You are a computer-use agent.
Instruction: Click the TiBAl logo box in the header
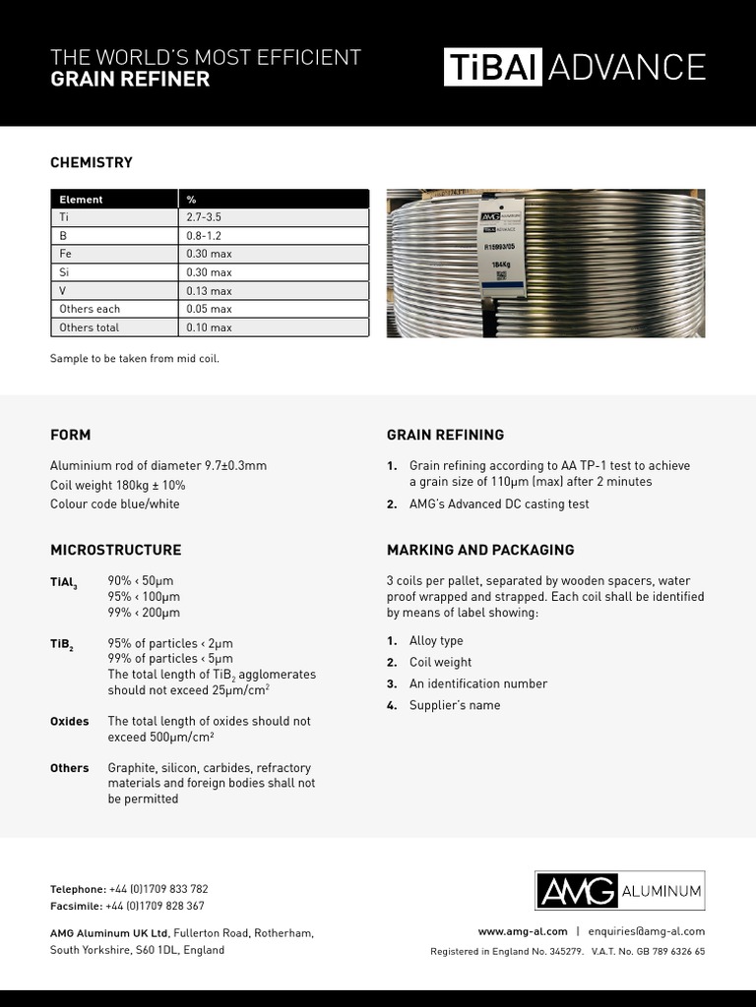(492, 67)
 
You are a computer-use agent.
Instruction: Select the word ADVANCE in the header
(627, 67)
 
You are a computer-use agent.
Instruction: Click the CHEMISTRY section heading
(91, 162)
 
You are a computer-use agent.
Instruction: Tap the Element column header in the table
(81, 200)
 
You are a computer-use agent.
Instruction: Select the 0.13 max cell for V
(209, 291)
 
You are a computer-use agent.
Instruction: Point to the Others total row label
(89, 327)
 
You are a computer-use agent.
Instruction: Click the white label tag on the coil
(503, 247)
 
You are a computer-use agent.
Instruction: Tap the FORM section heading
(70, 435)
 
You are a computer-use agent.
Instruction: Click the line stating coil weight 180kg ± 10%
(117, 485)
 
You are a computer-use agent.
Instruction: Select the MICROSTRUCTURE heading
(115, 550)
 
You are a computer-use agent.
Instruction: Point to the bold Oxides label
(69, 721)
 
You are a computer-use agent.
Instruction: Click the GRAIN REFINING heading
(445, 435)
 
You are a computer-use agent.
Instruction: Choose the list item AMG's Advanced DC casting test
(499, 504)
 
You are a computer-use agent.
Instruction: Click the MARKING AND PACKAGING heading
(480, 550)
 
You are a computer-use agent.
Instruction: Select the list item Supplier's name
(454, 705)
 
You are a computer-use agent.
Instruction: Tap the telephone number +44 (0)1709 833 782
(158, 889)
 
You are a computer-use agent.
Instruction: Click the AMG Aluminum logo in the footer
(620, 891)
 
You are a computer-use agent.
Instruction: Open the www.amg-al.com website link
(523, 931)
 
